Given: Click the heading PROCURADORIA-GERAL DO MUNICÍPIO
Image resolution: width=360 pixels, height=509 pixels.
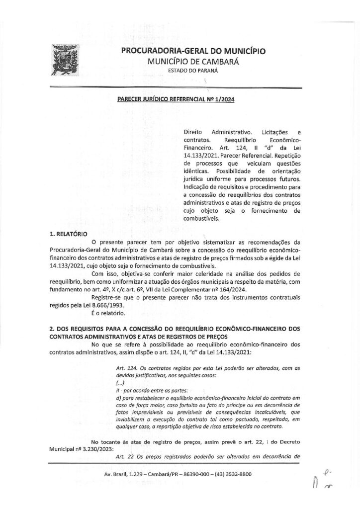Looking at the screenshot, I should click(x=193, y=51).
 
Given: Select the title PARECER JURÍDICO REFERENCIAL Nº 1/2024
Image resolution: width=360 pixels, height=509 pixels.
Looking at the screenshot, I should click(x=176, y=99).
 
